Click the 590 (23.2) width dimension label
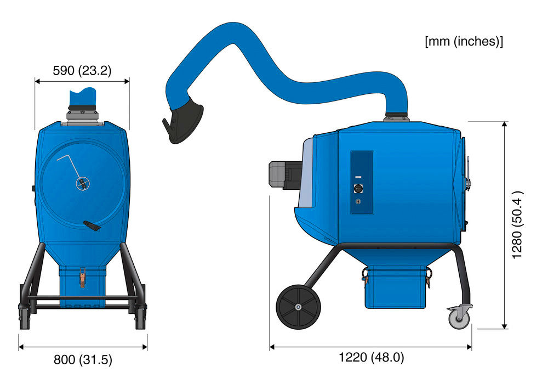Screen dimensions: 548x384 pyautogui.click(x=82, y=71)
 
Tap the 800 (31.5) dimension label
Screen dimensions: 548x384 pyautogui.click(x=83, y=359)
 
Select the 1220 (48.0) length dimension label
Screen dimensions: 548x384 pyautogui.click(x=372, y=358)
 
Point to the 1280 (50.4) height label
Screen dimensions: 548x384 pyautogui.click(x=517, y=225)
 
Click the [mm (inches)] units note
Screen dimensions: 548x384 pyautogui.click(x=464, y=41)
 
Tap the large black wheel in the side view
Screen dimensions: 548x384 pyautogui.click(x=298, y=307)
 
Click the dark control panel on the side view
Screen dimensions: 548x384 pyautogui.click(x=362, y=182)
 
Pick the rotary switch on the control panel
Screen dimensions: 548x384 pyautogui.click(x=358, y=189)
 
